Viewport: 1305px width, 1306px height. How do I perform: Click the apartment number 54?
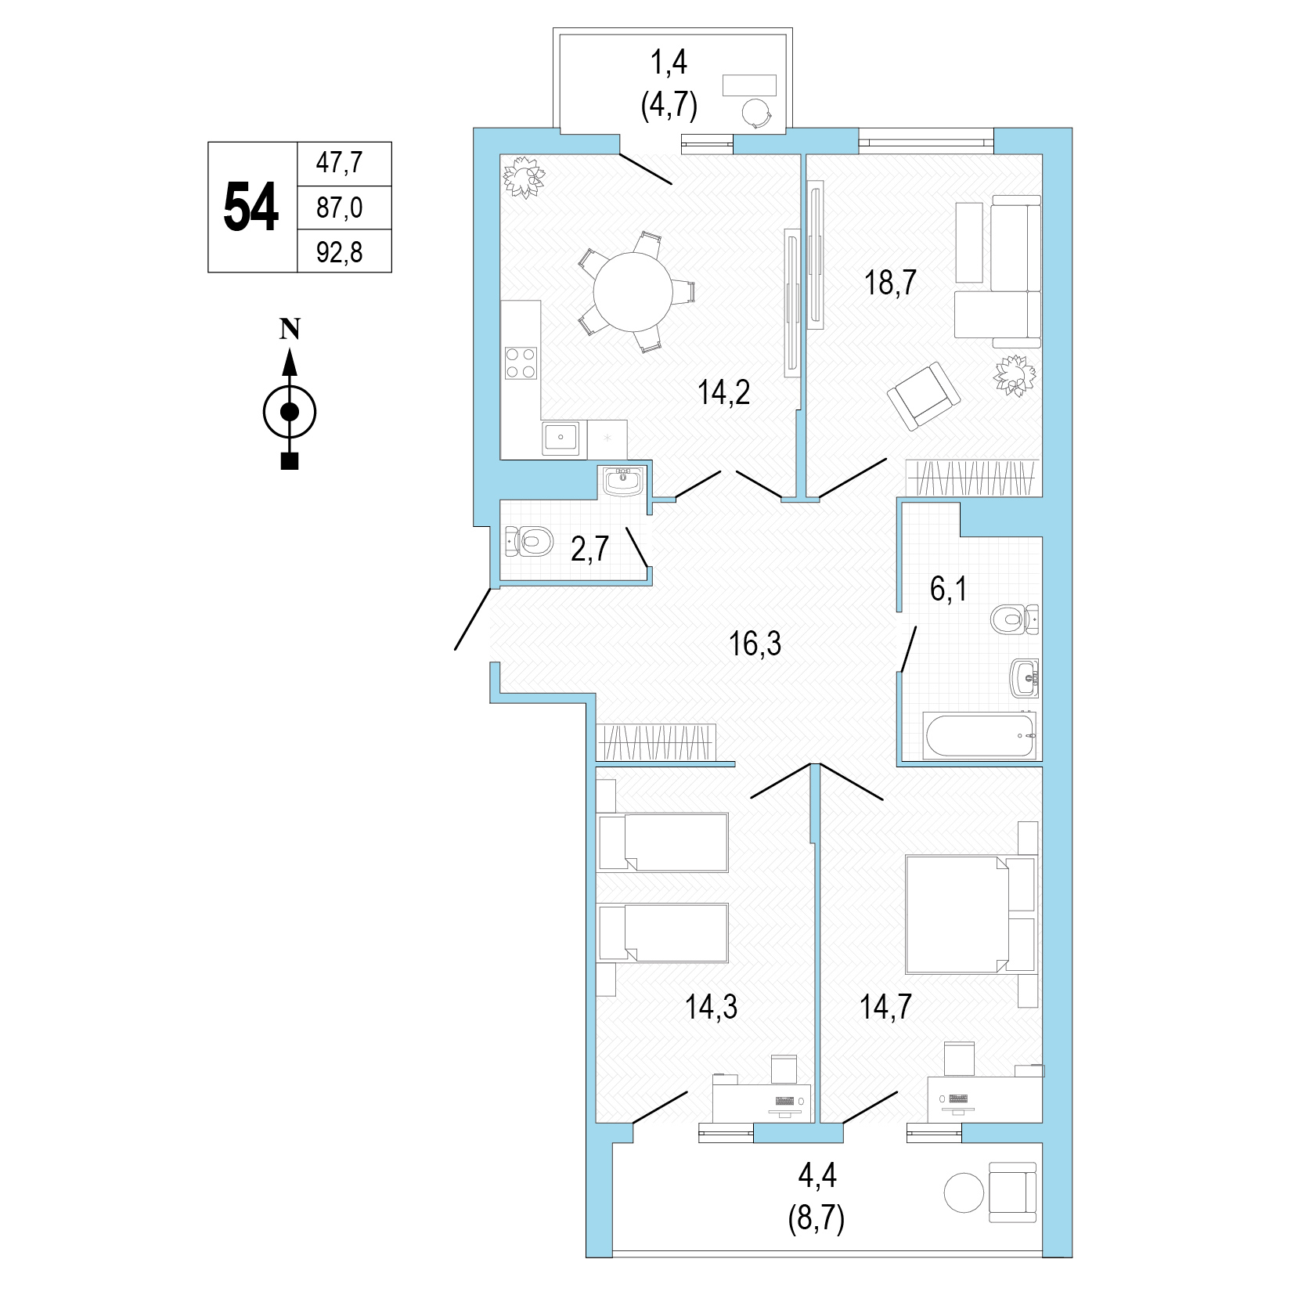point(251,207)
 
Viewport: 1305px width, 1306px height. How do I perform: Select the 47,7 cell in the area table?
point(344,164)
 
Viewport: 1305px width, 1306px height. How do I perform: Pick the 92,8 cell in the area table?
point(344,251)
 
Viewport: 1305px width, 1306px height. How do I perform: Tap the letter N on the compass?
point(290,330)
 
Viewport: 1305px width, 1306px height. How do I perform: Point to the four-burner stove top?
point(521,363)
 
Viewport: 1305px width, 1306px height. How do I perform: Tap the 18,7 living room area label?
point(890,282)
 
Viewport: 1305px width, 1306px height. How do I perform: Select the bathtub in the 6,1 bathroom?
point(980,735)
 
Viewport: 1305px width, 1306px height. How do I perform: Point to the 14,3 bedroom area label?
point(712,1008)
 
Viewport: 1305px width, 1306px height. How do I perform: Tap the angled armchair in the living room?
point(924,396)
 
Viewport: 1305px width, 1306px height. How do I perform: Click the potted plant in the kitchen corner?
point(523,179)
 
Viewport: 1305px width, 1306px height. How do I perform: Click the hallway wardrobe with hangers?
point(657,741)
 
